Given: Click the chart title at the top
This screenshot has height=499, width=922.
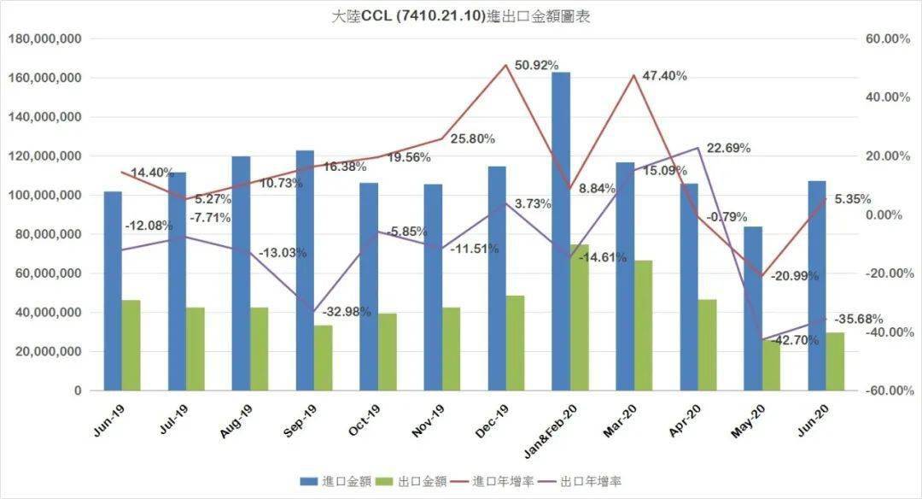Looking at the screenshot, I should click(460, 16).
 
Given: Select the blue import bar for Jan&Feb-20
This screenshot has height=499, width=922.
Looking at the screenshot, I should click(561, 231).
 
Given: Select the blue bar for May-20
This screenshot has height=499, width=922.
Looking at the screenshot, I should click(752, 308).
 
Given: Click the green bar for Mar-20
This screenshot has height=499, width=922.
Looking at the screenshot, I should click(644, 326).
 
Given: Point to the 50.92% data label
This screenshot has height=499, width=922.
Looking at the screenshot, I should click(536, 66).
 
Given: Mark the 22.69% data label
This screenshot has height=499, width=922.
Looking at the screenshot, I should click(727, 148).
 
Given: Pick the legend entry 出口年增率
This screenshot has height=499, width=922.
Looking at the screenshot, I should click(588, 482).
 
